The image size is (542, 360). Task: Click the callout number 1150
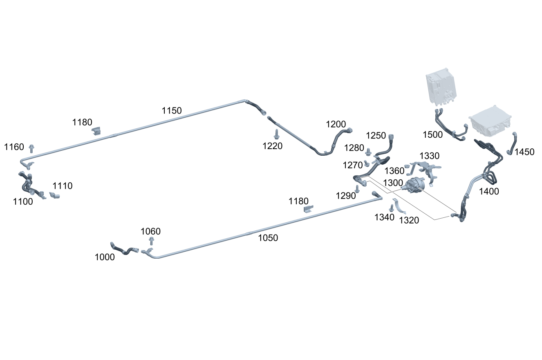click(172, 110)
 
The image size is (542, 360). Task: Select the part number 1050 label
click(268, 238)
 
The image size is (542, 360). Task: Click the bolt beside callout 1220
click(277, 134)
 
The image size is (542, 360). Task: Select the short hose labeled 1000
click(123, 248)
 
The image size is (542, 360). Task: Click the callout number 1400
click(489, 191)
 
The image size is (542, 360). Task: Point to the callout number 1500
click(432, 134)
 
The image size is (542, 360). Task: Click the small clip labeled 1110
click(55, 195)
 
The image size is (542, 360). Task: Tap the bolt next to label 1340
click(391, 208)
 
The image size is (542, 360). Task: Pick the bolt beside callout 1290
click(357, 188)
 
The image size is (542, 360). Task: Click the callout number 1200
click(336, 124)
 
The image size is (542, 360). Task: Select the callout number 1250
click(376, 135)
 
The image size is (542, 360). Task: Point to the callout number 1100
click(23, 201)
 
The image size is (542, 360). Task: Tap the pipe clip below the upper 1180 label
click(96, 131)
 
